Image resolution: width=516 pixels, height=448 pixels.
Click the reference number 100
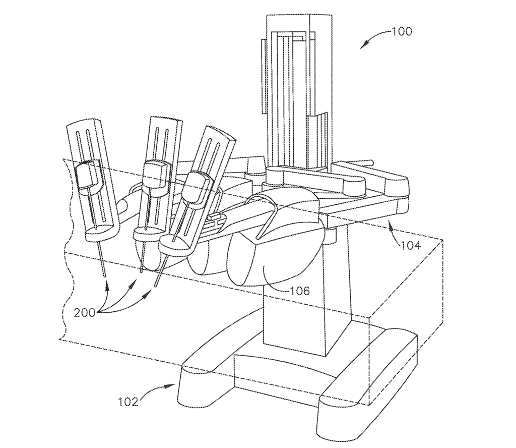402,32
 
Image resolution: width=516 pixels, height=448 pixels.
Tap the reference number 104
411,245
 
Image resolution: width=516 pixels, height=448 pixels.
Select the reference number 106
300,291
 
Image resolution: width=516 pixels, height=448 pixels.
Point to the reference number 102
128,402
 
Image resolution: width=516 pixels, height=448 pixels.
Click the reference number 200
85,312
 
